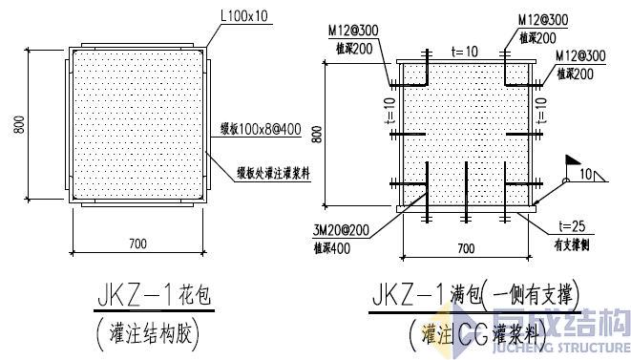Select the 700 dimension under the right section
tap(465, 249)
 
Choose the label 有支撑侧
tap(574, 243)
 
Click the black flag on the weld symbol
tap(574, 161)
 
